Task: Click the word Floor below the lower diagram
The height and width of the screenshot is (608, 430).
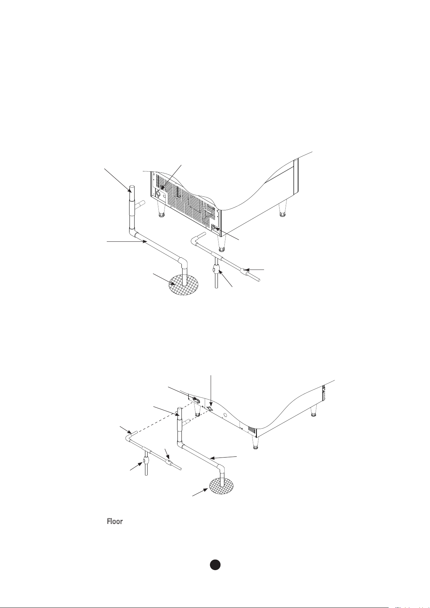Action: tap(115, 522)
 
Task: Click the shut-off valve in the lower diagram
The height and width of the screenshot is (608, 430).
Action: tap(146, 460)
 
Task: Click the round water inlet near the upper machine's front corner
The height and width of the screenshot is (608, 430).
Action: tap(213, 228)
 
